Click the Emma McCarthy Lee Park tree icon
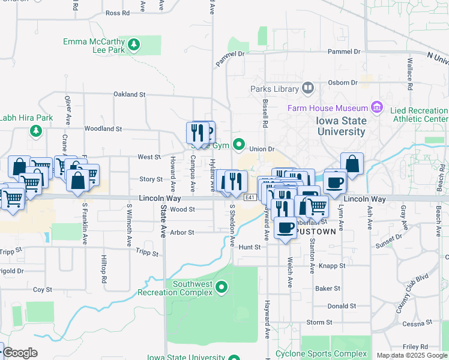134,44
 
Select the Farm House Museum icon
377,107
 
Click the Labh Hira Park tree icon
36,130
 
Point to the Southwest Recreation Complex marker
222,288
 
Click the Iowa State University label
341,126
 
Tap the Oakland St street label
130,95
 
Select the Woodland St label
103,128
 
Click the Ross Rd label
117,13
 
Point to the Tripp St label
146,253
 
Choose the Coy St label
43,289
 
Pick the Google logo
20,353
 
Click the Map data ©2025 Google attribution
411,355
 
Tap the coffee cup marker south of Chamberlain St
286,228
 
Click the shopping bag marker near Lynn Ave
352,164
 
